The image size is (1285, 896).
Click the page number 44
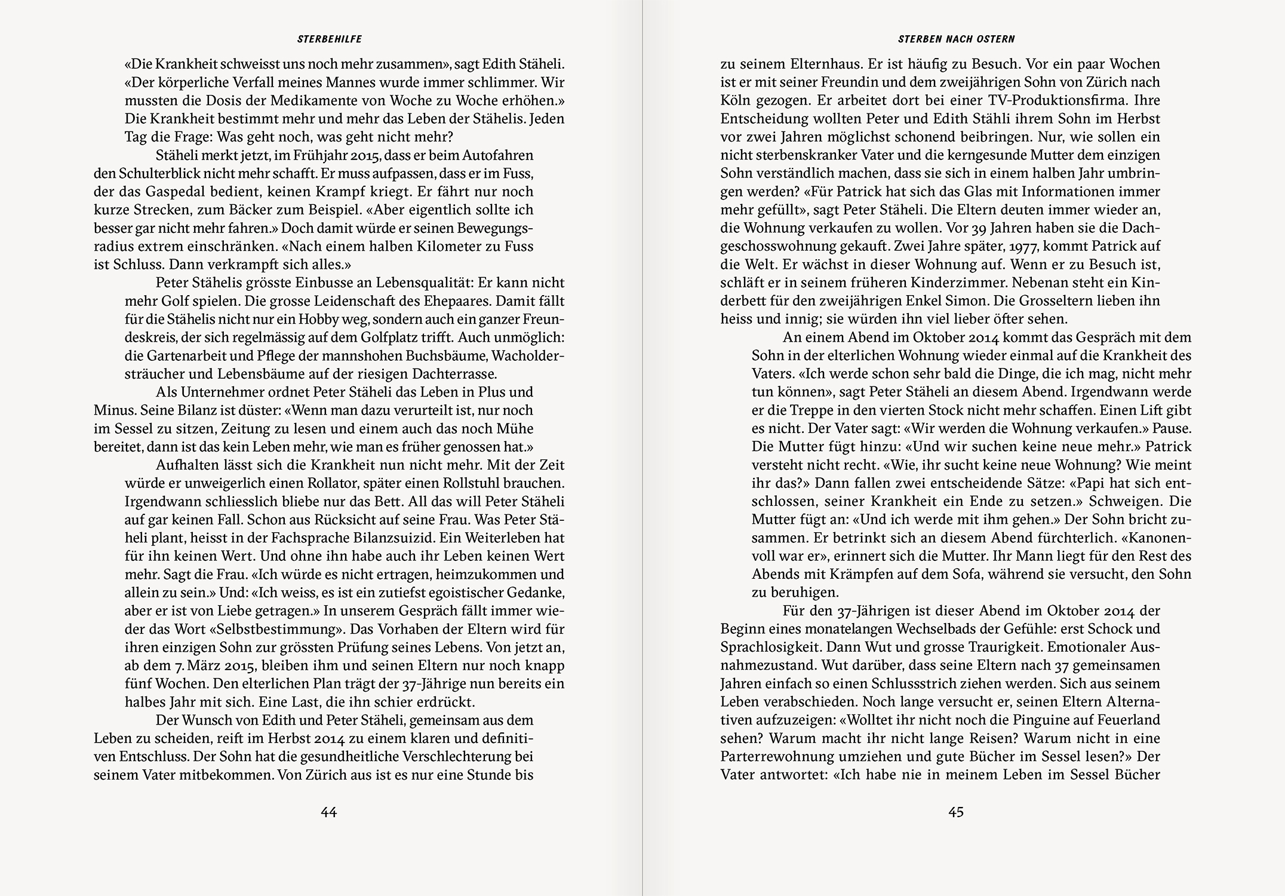point(329,812)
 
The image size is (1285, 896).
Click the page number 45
point(956,812)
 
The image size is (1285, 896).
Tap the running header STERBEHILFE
point(330,39)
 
